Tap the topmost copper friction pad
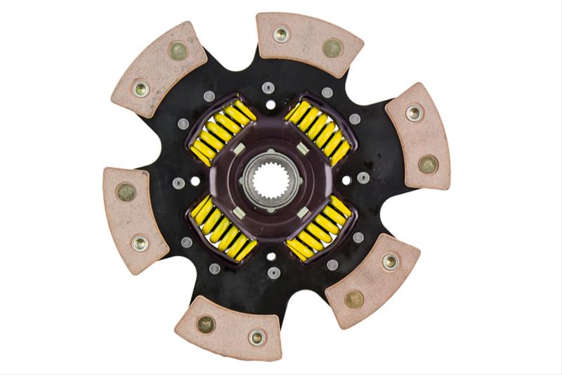pos(308,44)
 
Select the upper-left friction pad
pos(159,70)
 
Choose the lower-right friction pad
pos(372,279)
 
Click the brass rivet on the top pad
pos(332,47)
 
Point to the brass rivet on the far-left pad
pos(126,191)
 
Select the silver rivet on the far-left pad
pos(140,243)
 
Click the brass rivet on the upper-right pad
pos(428,163)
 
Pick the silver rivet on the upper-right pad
pos(414,112)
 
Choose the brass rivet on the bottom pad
pos(205,324)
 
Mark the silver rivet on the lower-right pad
pos(391,261)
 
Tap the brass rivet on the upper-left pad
pos(178,51)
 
